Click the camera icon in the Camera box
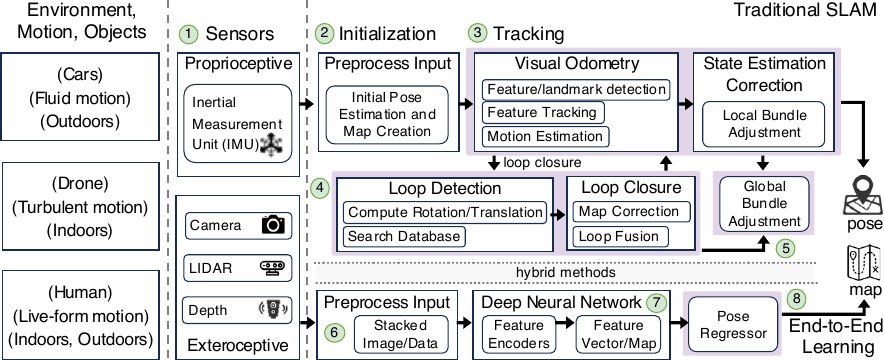coord(272,224)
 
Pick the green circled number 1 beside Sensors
coord(186,34)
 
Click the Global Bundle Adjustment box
coord(763,203)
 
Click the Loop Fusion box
coord(621,238)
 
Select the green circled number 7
coord(655,301)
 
